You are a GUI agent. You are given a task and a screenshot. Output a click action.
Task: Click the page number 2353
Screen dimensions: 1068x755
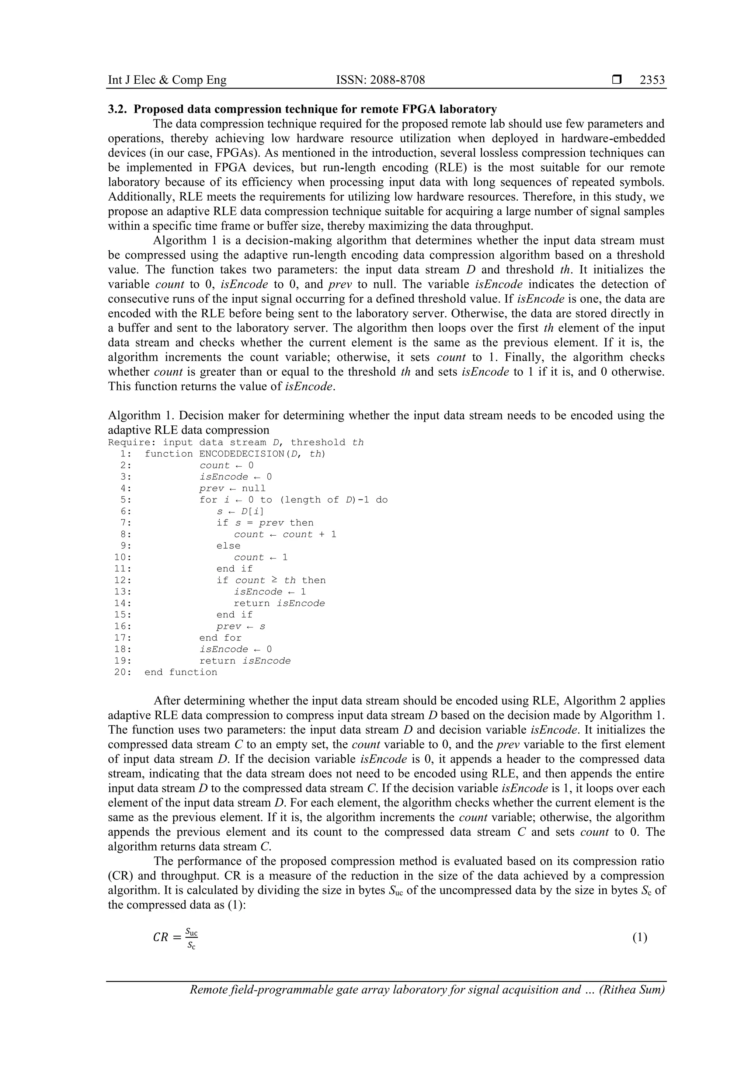(652, 80)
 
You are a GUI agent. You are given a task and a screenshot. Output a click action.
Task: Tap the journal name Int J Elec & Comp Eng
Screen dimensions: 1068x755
(167, 80)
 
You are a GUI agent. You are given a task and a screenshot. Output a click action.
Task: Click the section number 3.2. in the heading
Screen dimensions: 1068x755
(118, 109)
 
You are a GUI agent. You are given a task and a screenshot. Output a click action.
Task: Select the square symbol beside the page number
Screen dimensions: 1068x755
(616, 80)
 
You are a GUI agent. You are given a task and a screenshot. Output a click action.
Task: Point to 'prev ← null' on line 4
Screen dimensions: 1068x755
(232, 488)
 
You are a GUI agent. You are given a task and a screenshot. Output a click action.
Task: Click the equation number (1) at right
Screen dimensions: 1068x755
(639, 938)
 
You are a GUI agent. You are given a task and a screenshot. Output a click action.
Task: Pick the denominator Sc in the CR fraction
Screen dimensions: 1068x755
(191, 945)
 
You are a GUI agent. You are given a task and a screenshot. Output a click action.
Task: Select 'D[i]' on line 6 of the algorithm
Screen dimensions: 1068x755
(252, 512)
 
